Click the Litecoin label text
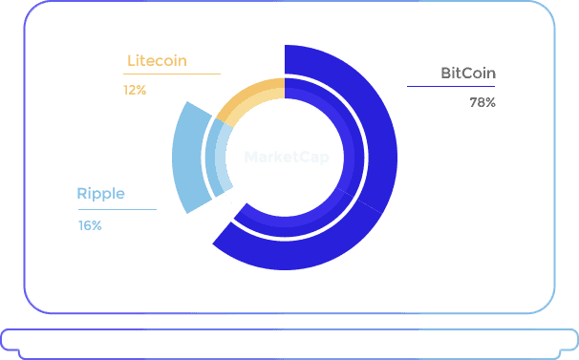pyautogui.click(x=157, y=60)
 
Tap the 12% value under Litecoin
pyautogui.click(x=135, y=90)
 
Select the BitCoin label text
pyautogui.click(x=468, y=74)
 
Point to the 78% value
pyautogui.click(x=482, y=102)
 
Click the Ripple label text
pyautogui.click(x=101, y=195)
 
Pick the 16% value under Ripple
pyautogui.click(x=90, y=225)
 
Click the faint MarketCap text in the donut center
pyautogui.click(x=287, y=158)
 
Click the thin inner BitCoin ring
pyautogui.click(x=354, y=158)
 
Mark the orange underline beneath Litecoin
pyautogui.click(x=172, y=74)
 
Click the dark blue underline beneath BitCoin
pyautogui.click(x=451, y=86)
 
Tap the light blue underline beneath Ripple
pyautogui.click(x=118, y=210)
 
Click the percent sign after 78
pyautogui.click(x=490, y=102)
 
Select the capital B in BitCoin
pyautogui.click(x=445, y=74)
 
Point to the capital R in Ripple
pyautogui.click(x=81, y=194)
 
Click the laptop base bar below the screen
pyautogui.click(x=289, y=344)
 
